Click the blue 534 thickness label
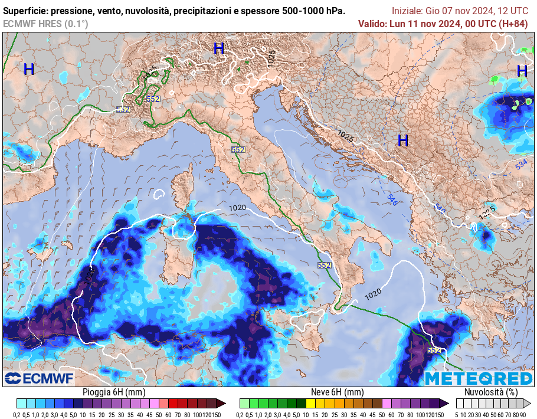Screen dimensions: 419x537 (521, 165)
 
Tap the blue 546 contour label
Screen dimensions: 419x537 (391, 199)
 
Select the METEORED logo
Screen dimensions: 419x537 (478, 378)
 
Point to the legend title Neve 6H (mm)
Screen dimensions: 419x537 (337, 392)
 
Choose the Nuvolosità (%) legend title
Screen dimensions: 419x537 (491, 392)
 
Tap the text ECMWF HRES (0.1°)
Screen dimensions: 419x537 (45, 24)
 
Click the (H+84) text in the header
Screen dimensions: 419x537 (513, 24)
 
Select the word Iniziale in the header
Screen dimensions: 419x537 (407, 11)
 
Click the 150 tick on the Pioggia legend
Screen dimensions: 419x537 (216, 415)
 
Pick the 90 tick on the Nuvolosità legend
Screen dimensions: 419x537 (523, 415)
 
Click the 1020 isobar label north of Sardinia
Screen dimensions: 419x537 (237, 208)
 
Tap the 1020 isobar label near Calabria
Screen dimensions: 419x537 (372, 292)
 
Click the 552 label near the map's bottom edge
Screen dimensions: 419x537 (434, 350)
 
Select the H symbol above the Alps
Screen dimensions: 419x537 (219, 49)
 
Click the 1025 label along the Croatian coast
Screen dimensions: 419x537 (346, 136)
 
